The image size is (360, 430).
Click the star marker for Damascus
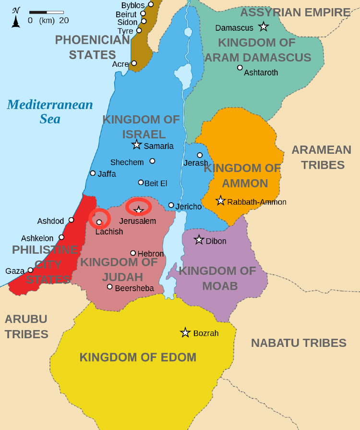[x=263, y=27]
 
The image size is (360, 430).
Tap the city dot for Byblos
[x=151, y=4]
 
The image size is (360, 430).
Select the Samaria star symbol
[x=137, y=145]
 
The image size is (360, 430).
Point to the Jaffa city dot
[x=93, y=173]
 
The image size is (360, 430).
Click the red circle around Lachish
[x=99, y=219]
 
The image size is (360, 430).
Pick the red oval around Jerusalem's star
[x=139, y=207]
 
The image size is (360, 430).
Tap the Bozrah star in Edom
[x=185, y=332]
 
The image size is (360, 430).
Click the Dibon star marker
[x=199, y=240]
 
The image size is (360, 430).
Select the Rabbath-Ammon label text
[x=257, y=202]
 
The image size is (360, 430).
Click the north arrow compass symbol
[x=16, y=18]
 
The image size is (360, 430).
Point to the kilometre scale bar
[x=47, y=12]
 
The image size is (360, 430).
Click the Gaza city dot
[x=30, y=270]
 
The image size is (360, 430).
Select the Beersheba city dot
[x=110, y=287]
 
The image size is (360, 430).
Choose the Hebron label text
[x=151, y=254]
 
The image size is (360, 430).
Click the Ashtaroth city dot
[x=240, y=67]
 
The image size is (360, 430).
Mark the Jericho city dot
[x=171, y=205]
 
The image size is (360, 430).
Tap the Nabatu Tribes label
[x=299, y=343]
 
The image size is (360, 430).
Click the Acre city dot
[x=134, y=63]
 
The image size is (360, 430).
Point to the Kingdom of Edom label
[x=138, y=357]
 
